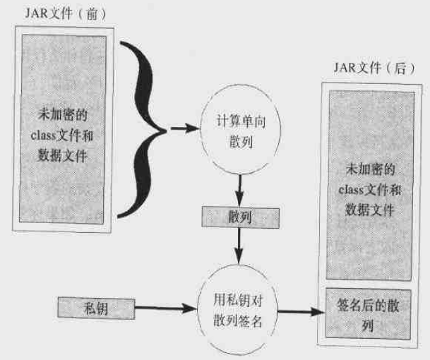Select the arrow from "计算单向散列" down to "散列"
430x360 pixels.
(241, 186)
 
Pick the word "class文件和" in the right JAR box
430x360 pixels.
(368, 188)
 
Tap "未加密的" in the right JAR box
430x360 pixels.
(368, 169)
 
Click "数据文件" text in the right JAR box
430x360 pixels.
(368, 209)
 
